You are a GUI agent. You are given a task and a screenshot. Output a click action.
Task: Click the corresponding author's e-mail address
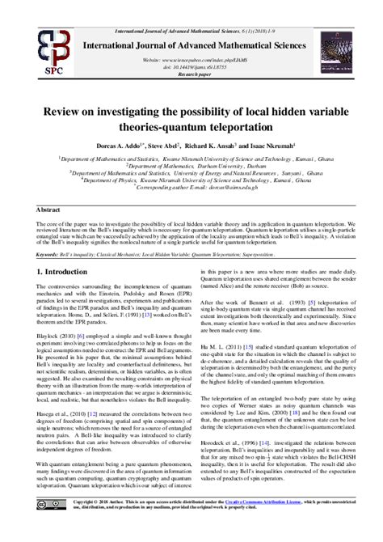point(259,187)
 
